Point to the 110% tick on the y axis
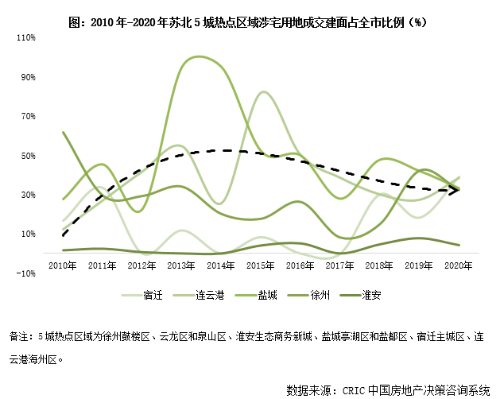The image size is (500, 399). [x=26, y=38]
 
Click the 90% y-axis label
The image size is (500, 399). [x=29, y=77]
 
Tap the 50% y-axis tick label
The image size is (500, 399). [x=29, y=156]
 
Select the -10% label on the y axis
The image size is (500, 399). [x=26, y=273]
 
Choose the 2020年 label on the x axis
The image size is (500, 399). [x=460, y=264]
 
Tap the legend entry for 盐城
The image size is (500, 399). [x=267, y=296]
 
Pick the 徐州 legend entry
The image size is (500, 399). [x=320, y=296]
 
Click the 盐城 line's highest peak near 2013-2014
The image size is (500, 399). [x=193, y=57]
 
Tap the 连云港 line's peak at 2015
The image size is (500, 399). [x=264, y=92]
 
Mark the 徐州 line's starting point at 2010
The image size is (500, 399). [x=63, y=133]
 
